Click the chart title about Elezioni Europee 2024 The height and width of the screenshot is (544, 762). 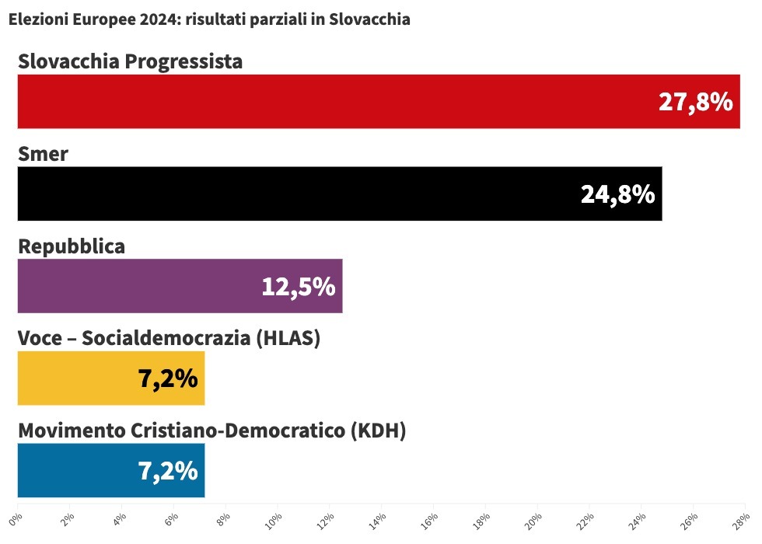(x=209, y=20)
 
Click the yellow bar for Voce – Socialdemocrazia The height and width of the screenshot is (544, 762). (x=78, y=378)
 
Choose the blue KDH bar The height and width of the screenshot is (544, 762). (x=78, y=471)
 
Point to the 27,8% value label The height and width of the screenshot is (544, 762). (x=695, y=102)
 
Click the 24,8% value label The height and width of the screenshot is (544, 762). (x=617, y=194)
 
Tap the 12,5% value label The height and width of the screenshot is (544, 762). (x=298, y=287)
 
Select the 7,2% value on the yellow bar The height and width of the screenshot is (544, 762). (x=168, y=379)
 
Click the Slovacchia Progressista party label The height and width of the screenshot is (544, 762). (x=130, y=61)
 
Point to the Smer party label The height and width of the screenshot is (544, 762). (x=43, y=154)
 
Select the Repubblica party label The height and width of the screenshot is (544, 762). (x=72, y=246)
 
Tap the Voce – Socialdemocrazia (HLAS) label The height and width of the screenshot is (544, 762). (x=169, y=339)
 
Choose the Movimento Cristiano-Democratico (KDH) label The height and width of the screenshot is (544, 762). (x=211, y=431)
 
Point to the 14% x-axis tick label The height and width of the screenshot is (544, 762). (x=379, y=518)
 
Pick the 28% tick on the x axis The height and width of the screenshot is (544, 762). (x=743, y=518)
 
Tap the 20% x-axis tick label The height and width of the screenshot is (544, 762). (x=535, y=518)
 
